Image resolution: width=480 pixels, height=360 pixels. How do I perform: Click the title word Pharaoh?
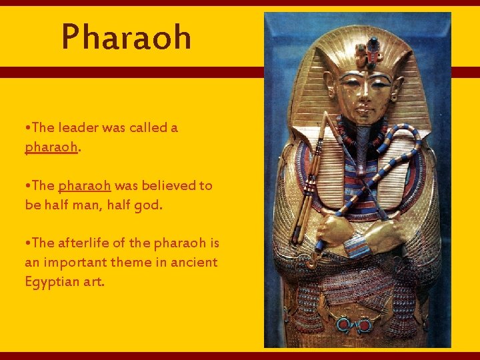(126, 37)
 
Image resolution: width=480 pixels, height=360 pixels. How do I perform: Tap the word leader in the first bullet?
(81, 127)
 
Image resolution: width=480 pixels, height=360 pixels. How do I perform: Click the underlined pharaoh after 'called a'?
(51, 147)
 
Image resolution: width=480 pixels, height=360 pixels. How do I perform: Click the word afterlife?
(83, 243)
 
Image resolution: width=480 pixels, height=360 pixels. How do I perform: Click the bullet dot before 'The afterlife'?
(27, 243)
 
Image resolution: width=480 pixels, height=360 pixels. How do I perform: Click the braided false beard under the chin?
(363, 143)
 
